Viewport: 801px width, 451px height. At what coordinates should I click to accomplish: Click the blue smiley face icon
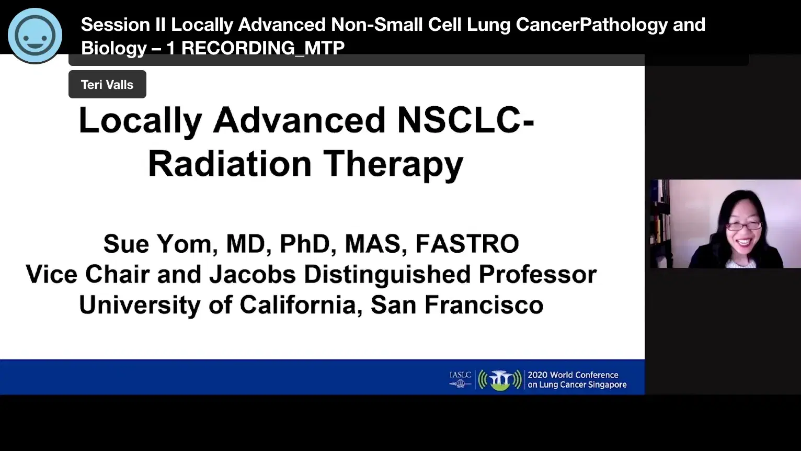pos(35,35)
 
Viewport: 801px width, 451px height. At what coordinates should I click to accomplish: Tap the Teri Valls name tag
pos(107,84)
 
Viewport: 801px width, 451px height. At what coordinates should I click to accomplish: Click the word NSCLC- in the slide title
pos(465,120)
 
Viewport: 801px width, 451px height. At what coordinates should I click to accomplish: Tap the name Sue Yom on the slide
pos(157,244)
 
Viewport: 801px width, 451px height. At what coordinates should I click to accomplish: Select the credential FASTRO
pos(467,244)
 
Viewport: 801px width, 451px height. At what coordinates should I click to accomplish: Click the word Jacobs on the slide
pos(253,275)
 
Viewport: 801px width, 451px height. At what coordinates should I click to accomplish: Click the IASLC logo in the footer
pos(460,379)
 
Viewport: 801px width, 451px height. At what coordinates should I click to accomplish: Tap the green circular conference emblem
pos(500,380)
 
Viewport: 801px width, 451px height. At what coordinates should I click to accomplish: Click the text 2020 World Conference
pos(573,375)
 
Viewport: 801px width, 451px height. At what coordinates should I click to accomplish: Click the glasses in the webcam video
pos(743,226)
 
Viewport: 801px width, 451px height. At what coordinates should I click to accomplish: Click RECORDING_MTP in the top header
pos(263,48)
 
